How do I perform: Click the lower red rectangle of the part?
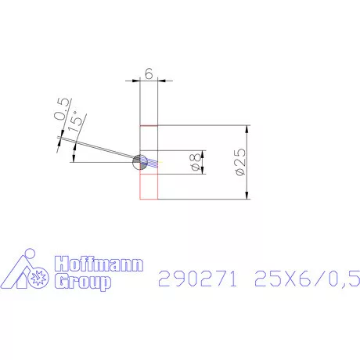tap(149, 186)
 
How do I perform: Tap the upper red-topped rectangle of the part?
tap(149, 137)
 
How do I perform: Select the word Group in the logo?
tap(81, 283)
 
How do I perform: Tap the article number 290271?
tap(197, 277)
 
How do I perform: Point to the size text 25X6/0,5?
tap(307, 277)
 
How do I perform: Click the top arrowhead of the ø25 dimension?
tap(247, 129)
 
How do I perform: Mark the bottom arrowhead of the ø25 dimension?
tap(247, 195)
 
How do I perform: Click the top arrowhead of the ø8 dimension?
tap(202, 153)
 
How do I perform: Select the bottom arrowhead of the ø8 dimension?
tap(202, 173)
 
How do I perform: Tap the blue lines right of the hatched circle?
tap(152, 163)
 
